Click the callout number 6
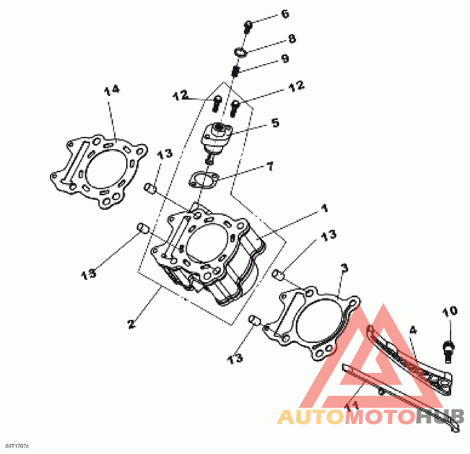click(x=285, y=14)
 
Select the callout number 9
click(x=285, y=59)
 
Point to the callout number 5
click(x=275, y=123)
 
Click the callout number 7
click(x=270, y=166)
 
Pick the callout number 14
click(x=112, y=90)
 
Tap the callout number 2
click(x=132, y=323)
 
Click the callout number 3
click(x=344, y=268)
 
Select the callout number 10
click(x=449, y=311)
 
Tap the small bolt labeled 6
click(x=248, y=25)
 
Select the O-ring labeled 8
click(x=240, y=52)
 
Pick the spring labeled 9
click(x=234, y=72)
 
